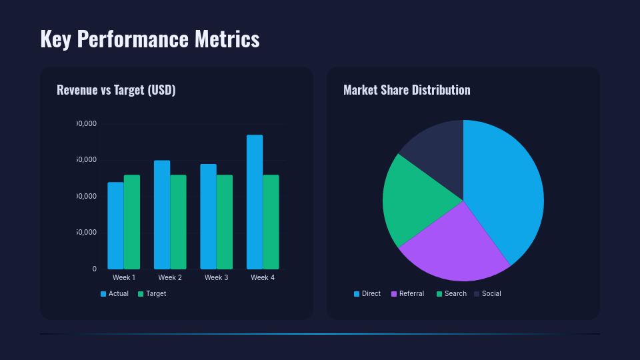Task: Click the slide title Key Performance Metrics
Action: click(150, 39)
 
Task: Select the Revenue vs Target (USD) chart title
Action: click(116, 90)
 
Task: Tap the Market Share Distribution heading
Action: click(407, 90)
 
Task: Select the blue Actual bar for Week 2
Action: click(162, 214)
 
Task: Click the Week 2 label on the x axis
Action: click(170, 277)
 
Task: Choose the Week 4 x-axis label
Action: click(263, 277)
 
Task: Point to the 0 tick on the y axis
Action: click(94, 269)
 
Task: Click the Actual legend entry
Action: click(115, 293)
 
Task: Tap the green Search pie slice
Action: click(413, 200)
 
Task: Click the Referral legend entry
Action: click(407, 293)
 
